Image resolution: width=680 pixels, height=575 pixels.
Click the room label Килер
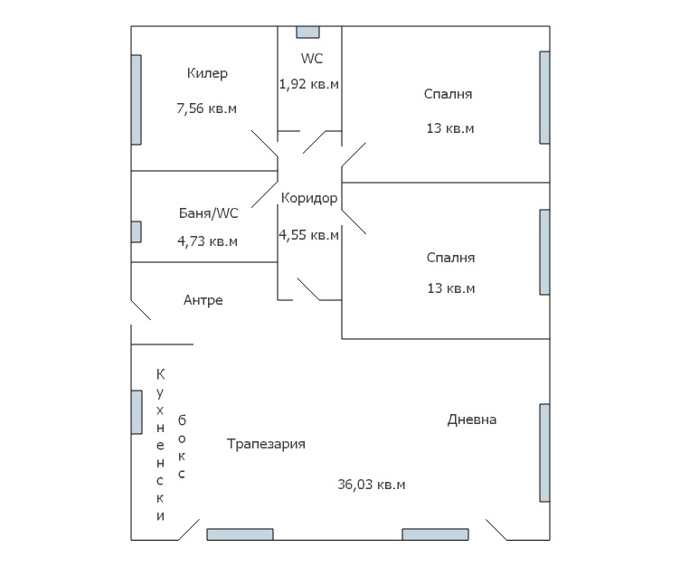click(207, 73)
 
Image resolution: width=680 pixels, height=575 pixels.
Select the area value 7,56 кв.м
click(206, 108)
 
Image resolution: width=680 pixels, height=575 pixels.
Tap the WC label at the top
click(312, 59)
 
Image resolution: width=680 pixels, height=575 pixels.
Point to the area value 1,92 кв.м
click(309, 84)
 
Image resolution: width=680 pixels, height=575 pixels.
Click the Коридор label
click(309, 198)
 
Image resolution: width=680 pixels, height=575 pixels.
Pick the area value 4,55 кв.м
click(309, 235)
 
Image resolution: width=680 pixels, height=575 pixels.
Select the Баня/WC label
click(209, 213)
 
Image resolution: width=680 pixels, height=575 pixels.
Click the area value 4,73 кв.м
click(207, 241)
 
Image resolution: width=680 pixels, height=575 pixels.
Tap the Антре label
click(203, 300)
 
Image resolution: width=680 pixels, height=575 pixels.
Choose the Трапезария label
click(266, 444)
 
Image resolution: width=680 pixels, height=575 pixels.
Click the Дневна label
click(472, 419)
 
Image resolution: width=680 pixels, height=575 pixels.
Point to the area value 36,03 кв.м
click(371, 485)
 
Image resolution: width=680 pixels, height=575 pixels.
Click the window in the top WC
click(308, 33)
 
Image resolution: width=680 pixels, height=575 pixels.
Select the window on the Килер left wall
click(137, 99)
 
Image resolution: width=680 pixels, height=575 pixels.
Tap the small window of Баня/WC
click(137, 231)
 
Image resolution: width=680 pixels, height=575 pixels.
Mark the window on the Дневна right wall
click(544, 452)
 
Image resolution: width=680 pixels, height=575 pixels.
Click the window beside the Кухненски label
click(137, 411)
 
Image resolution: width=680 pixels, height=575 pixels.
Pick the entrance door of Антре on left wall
click(140, 310)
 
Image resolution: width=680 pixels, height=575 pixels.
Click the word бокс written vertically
click(182, 447)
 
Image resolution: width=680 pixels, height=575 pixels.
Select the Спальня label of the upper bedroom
click(448, 94)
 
